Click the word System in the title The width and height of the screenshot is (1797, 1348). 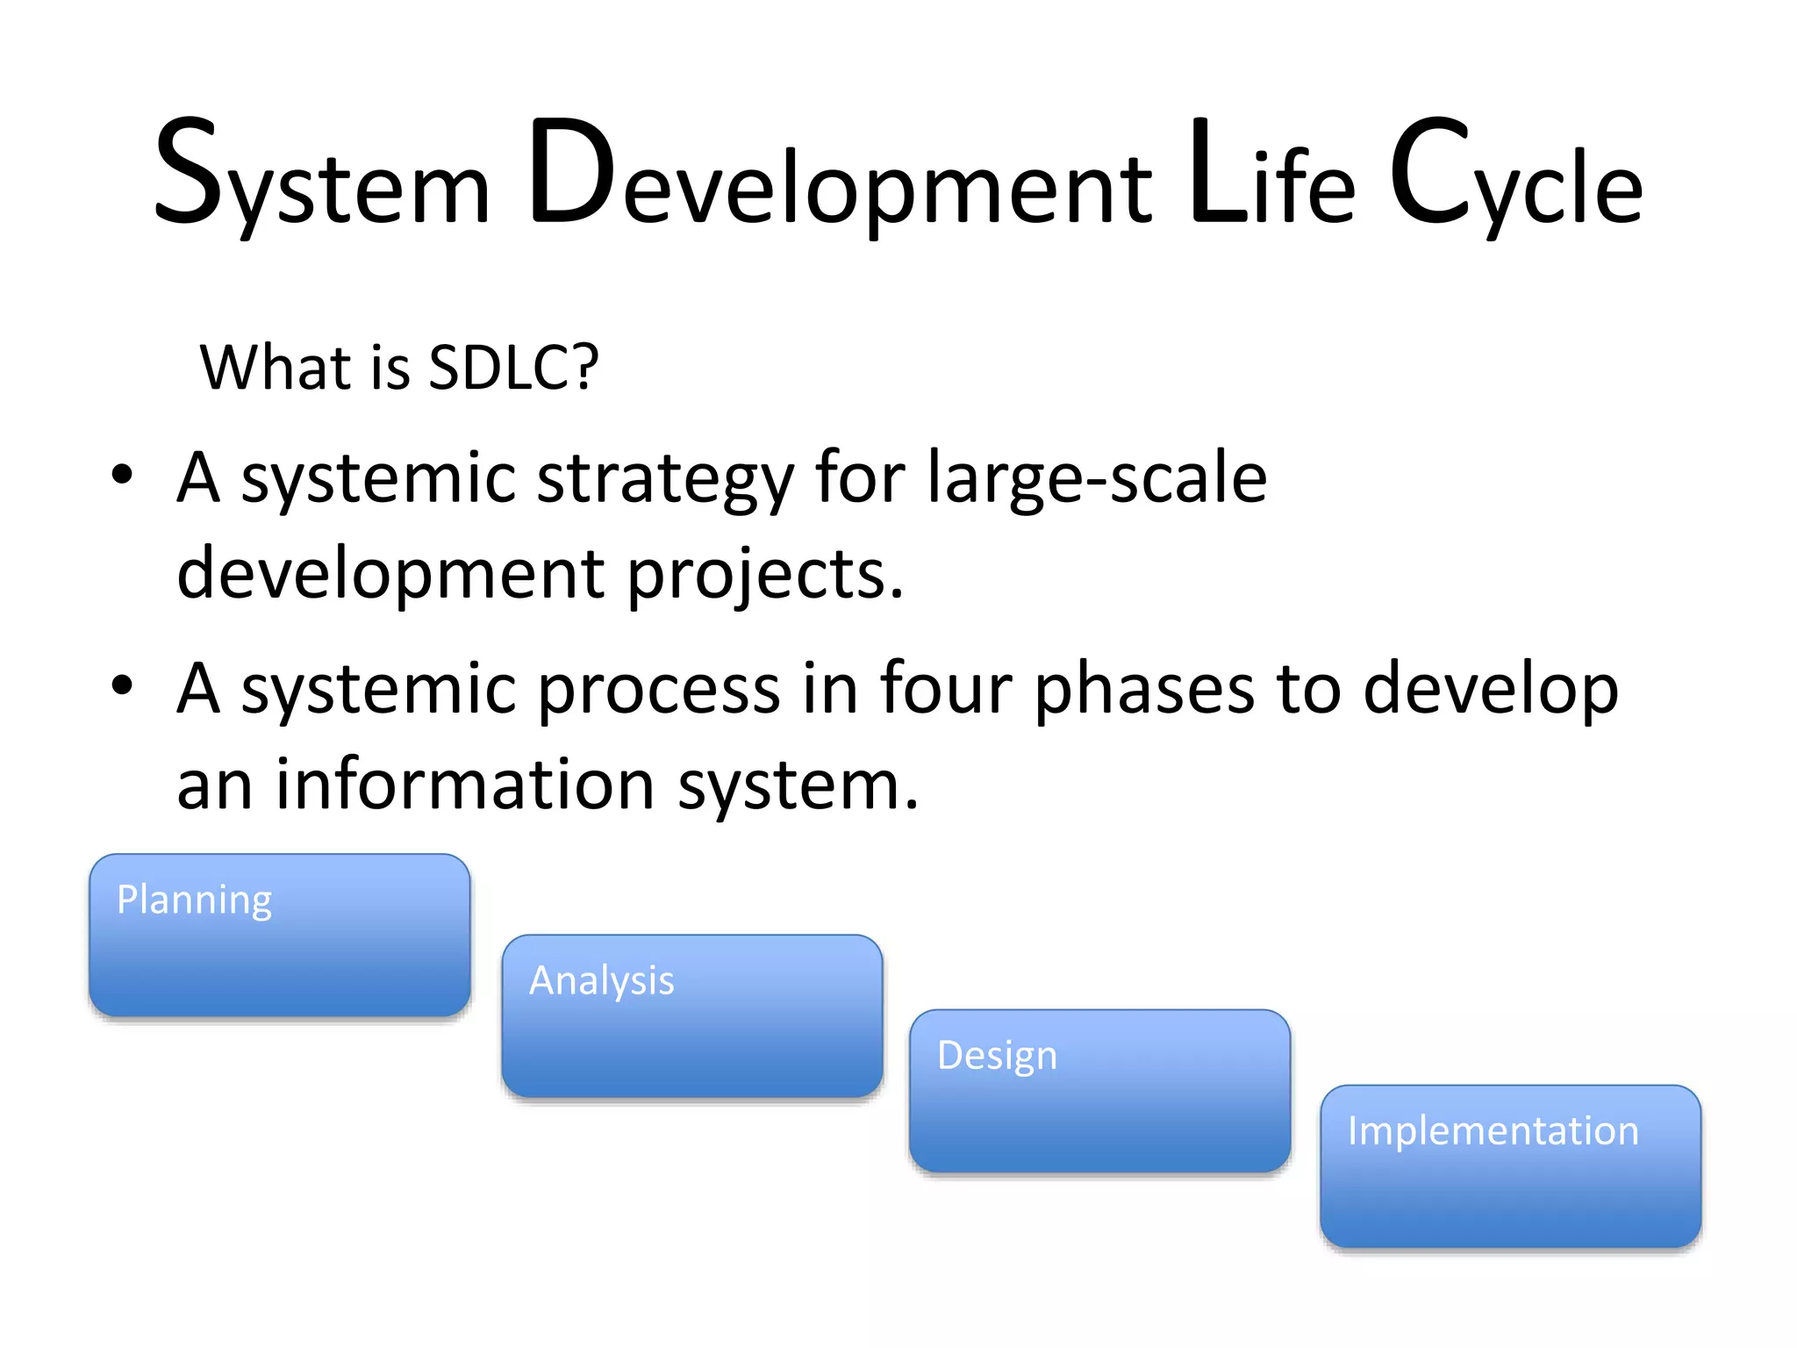click(321, 176)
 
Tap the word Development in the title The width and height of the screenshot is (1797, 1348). click(841, 176)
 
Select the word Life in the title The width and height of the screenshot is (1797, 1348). click(1272, 176)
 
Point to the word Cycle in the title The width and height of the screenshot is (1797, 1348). click(1516, 176)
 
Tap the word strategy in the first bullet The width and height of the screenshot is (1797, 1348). click(665, 481)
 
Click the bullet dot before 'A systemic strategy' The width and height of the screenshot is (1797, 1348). click(122, 476)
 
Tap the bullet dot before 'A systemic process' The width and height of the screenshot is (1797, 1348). click(122, 685)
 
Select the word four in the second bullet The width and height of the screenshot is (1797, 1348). click(945, 688)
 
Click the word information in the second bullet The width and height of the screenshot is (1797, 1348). click(465, 784)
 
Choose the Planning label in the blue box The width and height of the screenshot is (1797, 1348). click(195, 900)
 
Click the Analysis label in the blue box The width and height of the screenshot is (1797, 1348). click(602, 981)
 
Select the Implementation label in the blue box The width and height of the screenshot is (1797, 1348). click(1493, 1131)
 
